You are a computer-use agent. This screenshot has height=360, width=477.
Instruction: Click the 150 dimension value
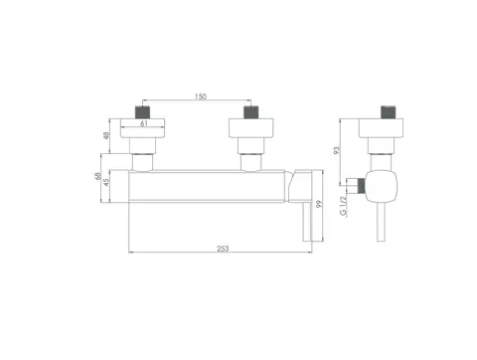tap(201, 96)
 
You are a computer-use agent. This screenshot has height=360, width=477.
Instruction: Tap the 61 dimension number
tap(144, 123)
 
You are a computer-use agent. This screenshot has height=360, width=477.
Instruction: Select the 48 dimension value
tap(106, 135)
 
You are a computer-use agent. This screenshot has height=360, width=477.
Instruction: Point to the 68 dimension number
tap(97, 176)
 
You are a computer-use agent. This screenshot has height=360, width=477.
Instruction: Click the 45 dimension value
tap(106, 182)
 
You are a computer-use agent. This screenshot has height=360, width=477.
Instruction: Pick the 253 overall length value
tap(223, 249)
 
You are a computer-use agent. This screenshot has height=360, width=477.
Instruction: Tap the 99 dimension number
tap(319, 204)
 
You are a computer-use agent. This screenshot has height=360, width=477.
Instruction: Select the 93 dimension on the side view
tap(337, 150)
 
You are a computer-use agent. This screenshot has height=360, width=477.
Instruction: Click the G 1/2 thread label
tap(344, 206)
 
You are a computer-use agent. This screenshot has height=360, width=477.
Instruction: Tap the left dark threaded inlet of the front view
tap(142, 112)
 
